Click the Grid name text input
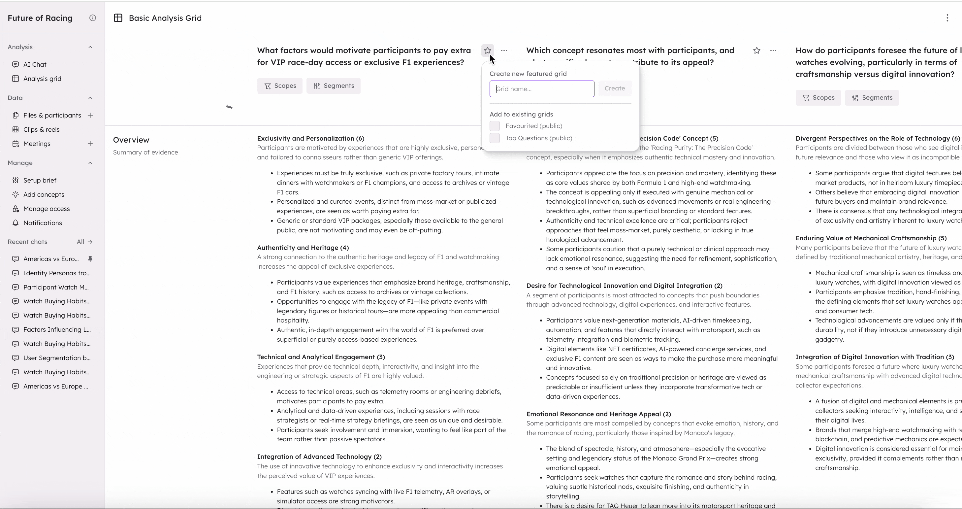click(x=541, y=89)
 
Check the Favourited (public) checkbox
click(x=495, y=126)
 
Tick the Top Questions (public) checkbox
click(x=495, y=138)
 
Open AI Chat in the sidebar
click(x=35, y=64)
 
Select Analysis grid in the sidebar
click(x=42, y=79)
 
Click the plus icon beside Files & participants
click(x=90, y=115)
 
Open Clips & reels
click(x=41, y=129)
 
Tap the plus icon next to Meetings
click(x=90, y=144)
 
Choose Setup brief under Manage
click(x=40, y=180)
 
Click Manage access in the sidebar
click(x=46, y=209)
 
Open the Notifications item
click(x=43, y=223)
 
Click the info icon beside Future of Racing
click(x=93, y=18)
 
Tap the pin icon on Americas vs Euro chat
click(x=90, y=258)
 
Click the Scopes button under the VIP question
click(x=280, y=86)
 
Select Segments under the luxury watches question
click(x=872, y=97)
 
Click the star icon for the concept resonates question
click(x=756, y=51)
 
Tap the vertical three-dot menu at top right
click(x=947, y=18)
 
